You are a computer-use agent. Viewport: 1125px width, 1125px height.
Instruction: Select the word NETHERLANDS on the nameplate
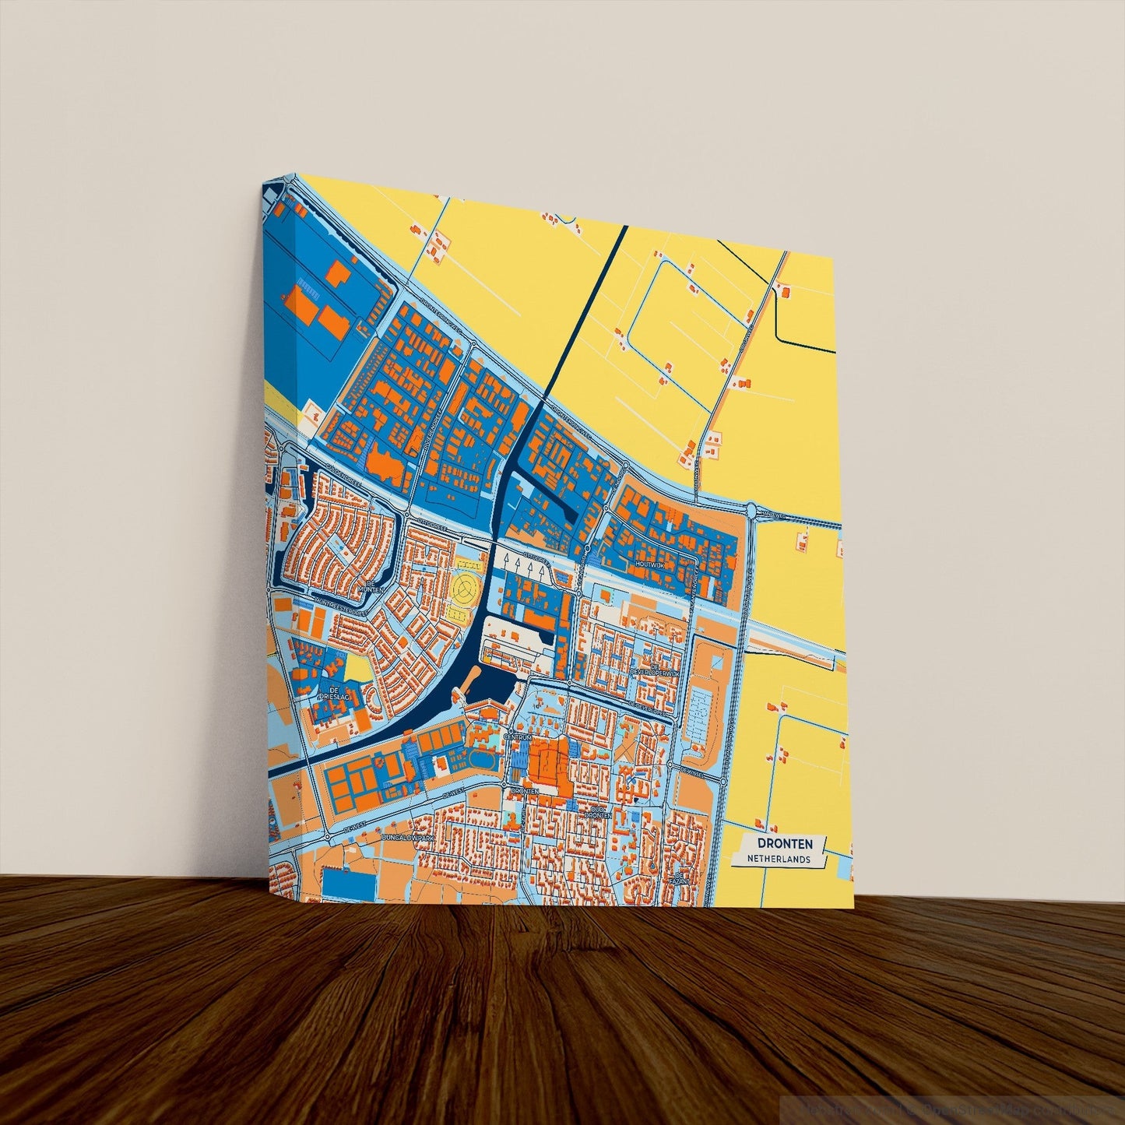779,860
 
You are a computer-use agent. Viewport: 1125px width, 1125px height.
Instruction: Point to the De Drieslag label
333,694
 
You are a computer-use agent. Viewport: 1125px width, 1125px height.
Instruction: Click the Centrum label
518,737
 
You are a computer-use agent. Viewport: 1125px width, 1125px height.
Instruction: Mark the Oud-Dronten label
599,812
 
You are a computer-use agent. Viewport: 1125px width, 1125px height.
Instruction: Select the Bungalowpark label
408,838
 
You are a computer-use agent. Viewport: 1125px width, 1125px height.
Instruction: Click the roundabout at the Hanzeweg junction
752,511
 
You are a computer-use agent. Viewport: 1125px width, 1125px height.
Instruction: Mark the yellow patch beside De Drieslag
358,667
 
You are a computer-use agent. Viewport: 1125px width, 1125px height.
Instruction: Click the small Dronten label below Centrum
524,791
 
